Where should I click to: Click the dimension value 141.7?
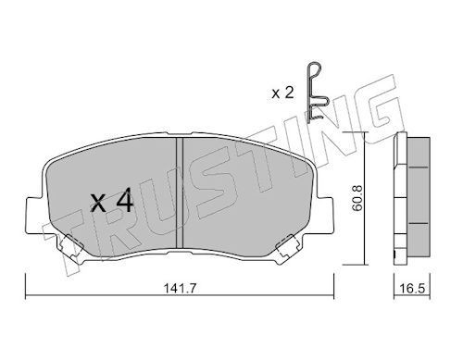point(180,289)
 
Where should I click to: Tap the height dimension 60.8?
point(357,198)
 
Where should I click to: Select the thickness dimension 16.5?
point(412,289)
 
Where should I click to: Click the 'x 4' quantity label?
point(112,201)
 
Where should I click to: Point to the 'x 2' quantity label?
point(282,93)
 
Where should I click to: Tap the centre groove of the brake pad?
point(180,192)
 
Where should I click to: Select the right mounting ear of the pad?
point(325,216)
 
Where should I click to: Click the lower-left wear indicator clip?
point(71,249)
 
